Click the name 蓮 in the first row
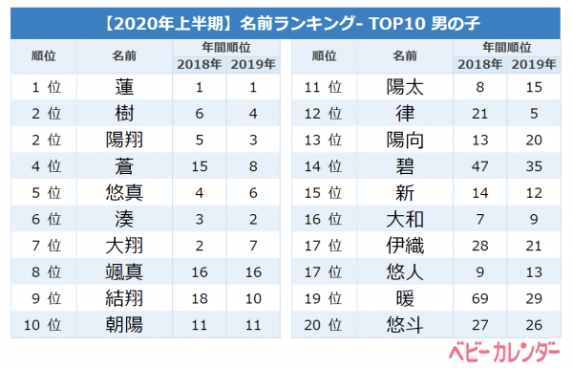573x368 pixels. point(124,87)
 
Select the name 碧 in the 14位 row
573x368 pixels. point(405,166)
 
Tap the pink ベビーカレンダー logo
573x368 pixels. point(504,353)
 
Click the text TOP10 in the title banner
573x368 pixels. point(397,24)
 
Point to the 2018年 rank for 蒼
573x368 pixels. point(200,167)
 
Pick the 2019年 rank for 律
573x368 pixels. point(534,114)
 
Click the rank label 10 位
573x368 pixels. point(42,325)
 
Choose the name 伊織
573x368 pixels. point(405,246)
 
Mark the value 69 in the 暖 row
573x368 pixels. point(479,299)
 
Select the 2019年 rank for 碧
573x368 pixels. point(534,167)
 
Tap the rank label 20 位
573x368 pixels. point(323,325)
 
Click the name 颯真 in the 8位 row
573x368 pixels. point(124,272)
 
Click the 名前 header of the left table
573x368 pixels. point(124,56)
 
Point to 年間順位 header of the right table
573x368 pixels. point(507,47)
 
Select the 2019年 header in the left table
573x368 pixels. point(253,64)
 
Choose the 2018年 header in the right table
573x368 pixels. point(479,64)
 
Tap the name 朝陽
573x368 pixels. point(124,325)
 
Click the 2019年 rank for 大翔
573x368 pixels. point(253,246)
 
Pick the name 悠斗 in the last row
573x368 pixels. point(405,325)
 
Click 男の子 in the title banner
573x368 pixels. point(456,24)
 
